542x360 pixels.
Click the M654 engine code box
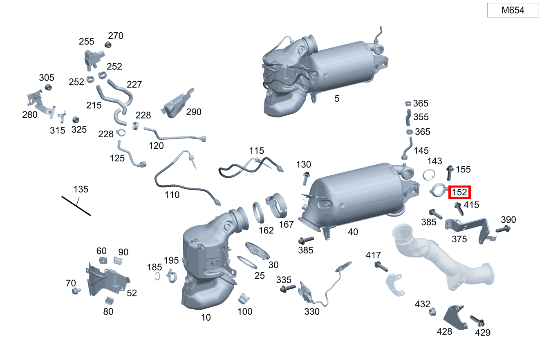(513, 10)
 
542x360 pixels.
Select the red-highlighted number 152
(459, 192)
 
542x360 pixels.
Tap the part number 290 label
(194, 112)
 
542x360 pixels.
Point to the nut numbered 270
(108, 45)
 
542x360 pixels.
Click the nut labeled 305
(48, 87)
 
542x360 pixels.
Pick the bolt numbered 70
(76, 291)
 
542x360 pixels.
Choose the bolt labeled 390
(503, 229)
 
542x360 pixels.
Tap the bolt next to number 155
(450, 173)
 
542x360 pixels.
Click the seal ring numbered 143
(429, 174)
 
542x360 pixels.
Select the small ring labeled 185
(157, 276)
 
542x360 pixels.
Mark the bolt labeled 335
(288, 288)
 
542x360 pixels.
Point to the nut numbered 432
(432, 311)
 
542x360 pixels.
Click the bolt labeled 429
(477, 320)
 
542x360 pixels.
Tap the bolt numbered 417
(381, 266)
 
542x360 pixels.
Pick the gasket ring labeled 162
(258, 212)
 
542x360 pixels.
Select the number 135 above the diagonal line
(81, 189)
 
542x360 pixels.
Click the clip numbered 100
(244, 299)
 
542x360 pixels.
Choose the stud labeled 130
(306, 178)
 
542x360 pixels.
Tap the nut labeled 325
(76, 119)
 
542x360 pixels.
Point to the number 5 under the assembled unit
(337, 98)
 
